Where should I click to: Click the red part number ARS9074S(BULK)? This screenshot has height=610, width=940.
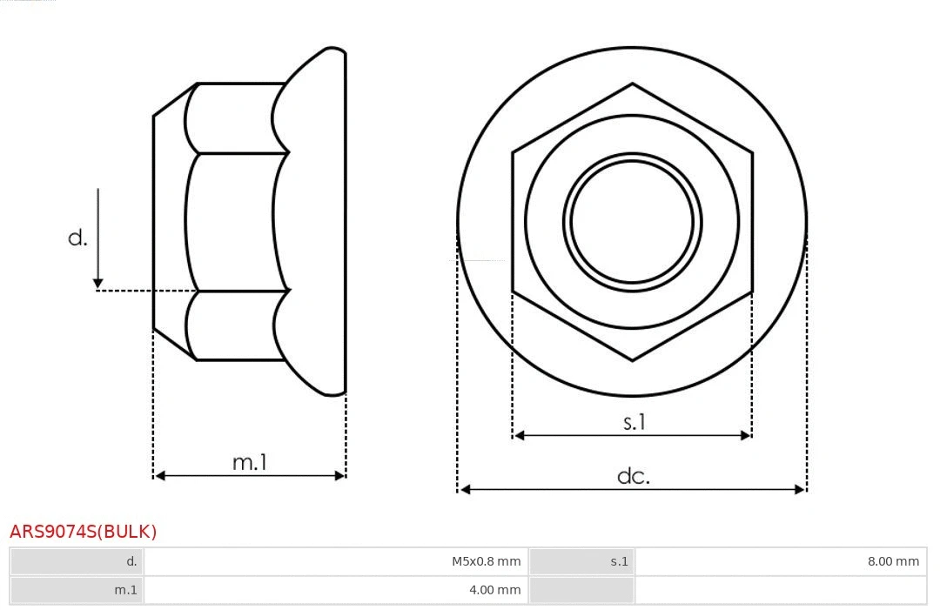click(x=84, y=532)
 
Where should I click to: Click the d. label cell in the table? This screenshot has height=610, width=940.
click(x=77, y=561)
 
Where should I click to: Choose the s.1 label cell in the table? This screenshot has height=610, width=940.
click(x=581, y=561)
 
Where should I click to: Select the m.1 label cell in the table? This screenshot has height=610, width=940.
click(x=77, y=590)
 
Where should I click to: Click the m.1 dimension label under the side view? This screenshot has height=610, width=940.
click(x=250, y=462)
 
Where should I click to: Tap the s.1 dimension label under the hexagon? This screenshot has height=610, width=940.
click(x=634, y=422)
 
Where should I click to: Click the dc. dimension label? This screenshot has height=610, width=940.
click(x=633, y=476)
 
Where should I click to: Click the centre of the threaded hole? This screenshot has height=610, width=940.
click(x=632, y=222)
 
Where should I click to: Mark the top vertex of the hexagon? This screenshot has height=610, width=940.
click(x=632, y=84)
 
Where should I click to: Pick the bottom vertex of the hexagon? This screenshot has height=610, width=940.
click(x=632, y=359)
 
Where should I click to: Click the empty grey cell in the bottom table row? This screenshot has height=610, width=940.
click(x=581, y=590)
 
